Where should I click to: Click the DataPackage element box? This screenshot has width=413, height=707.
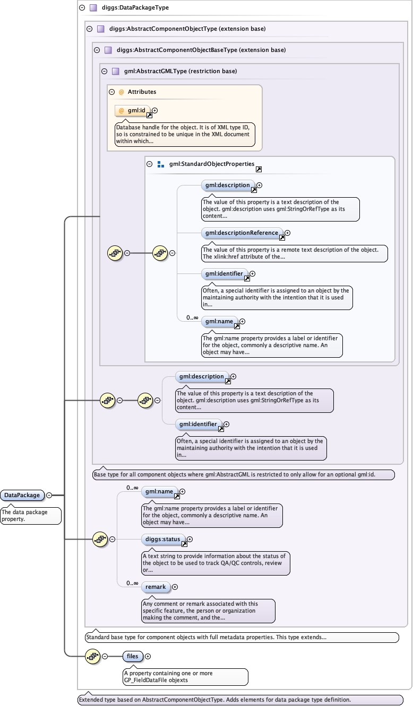coord(22,495)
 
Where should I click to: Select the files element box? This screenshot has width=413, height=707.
coord(132,656)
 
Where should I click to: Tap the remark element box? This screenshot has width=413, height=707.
coord(156,587)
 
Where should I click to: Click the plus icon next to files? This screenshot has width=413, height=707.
coord(148,656)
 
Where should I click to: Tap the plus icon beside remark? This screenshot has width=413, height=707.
coord(175,587)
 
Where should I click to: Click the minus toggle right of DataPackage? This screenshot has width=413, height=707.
coord(49,495)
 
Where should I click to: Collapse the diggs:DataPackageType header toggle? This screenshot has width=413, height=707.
coord(82,8)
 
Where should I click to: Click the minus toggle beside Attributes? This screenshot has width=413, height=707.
coord(112,92)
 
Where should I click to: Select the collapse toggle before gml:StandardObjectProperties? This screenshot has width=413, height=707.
coord(150,164)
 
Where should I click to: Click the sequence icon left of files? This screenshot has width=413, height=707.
coord(92,656)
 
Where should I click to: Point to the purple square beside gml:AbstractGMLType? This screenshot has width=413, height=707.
coord(115,71)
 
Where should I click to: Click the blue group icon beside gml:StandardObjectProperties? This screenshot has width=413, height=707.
coord(161,164)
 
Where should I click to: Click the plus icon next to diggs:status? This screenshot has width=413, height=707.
coord(190,540)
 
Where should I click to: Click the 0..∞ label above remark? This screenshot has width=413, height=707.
coord(133,584)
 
